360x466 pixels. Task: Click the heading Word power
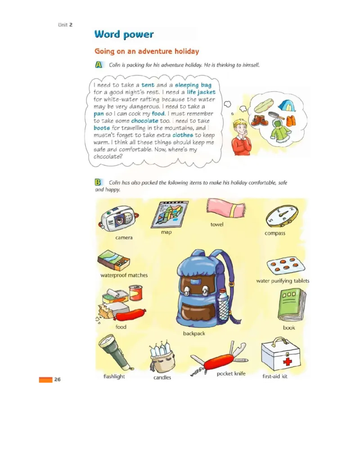pyautogui.click(x=124, y=34)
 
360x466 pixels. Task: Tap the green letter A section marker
pyautogui.click(x=99, y=65)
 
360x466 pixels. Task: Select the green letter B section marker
pyautogui.click(x=98, y=182)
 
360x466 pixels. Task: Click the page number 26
pyautogui.click(x=58, y=380)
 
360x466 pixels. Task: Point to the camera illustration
pyautogui.click(x=118, y=219)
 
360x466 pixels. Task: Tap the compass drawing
pyautogui.click(x=282, y=216)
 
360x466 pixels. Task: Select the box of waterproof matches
pyautogui.click(x=113, y=260)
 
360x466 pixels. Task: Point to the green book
pyautogui.click(x=292, y=304)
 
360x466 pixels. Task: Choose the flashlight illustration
pyautogui.click(x=115, y=352)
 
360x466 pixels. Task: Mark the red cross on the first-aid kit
pyautogui.click(x=288, y=362)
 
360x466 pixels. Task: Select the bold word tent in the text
pyautogui.click(x=148, y=85)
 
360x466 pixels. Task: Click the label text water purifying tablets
pyautogui.click(x=283, y=281)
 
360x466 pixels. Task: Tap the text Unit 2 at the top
pyautogui.click(x=65, y=25)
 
